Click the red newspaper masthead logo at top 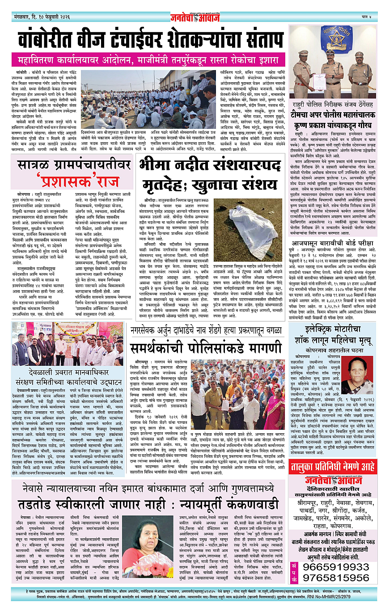[x=194, y=17]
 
